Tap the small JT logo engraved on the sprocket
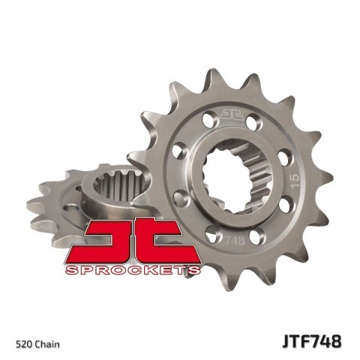point(229,114)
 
